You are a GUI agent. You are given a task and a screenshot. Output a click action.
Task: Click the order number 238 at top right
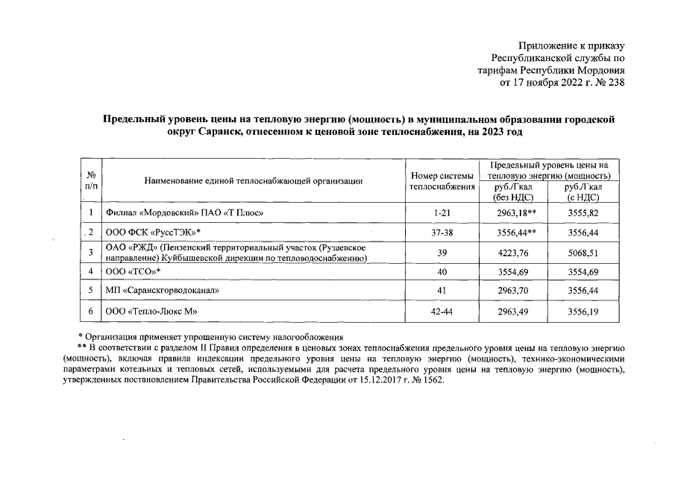click(615, 83)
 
